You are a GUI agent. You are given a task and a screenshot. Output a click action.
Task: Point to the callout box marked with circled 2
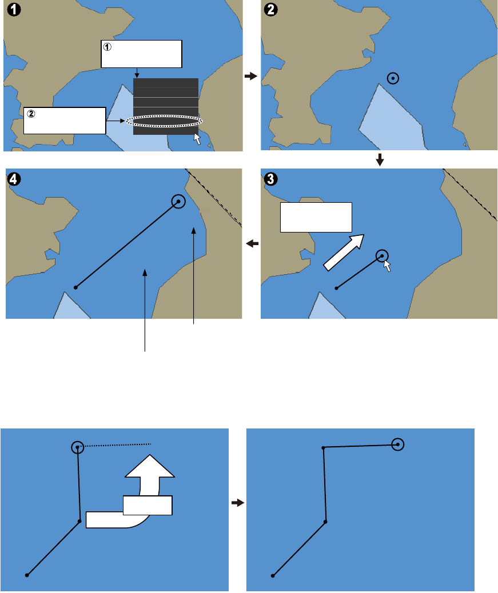(x=65, y=120)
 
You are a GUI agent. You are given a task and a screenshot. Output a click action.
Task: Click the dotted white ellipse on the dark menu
(x=164, y=121)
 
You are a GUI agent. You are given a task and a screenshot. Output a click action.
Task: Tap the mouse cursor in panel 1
(x=197, y=139)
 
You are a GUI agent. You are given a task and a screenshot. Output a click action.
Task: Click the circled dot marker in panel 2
(x=392, y=79)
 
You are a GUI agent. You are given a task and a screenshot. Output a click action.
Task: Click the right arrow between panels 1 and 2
(x=249, y=75)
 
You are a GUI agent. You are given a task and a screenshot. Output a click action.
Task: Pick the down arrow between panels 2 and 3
(x=380, y=162)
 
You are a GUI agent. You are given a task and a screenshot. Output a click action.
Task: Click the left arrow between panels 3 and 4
(x=251, y=244)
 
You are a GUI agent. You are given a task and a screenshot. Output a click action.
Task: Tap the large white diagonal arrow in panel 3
(x=344, y=251)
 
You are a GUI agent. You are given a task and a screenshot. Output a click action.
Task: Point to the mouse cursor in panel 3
(x=388, y=266)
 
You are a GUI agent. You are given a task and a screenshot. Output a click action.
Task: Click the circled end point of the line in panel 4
(x=179, y=201)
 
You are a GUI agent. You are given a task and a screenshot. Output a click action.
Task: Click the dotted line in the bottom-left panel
(x=117, y=445)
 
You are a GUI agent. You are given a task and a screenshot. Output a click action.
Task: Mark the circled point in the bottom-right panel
(x=398, y=444)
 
